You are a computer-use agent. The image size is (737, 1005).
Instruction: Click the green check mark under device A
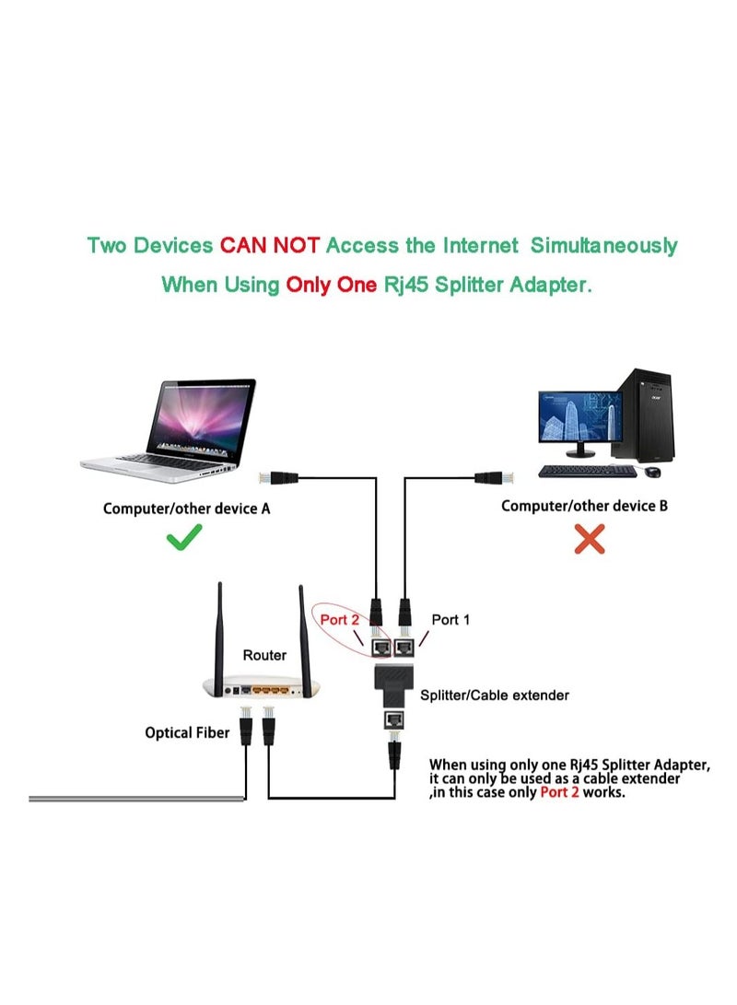point(185,540)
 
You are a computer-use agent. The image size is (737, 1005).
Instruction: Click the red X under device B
point(589,540)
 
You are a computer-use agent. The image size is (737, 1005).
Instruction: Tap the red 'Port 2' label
point(340,620)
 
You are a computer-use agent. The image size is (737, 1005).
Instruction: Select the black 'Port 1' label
point(450,620)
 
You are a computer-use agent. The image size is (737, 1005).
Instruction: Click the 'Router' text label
point(264,655)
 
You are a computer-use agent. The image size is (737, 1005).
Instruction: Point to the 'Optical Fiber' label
point(187,733)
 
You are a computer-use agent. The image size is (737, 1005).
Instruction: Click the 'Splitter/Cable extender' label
point(494,695)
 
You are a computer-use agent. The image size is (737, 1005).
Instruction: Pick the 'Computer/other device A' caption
point(186,508)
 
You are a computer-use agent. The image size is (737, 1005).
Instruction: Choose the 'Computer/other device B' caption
point(584,506)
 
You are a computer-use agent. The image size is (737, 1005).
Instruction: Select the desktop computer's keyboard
point(586,472)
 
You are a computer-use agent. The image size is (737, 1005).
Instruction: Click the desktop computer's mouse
point(653,472)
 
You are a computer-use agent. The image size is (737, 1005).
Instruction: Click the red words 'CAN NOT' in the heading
point(269,246)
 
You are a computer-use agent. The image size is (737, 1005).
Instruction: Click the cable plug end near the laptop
point(270,477)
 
